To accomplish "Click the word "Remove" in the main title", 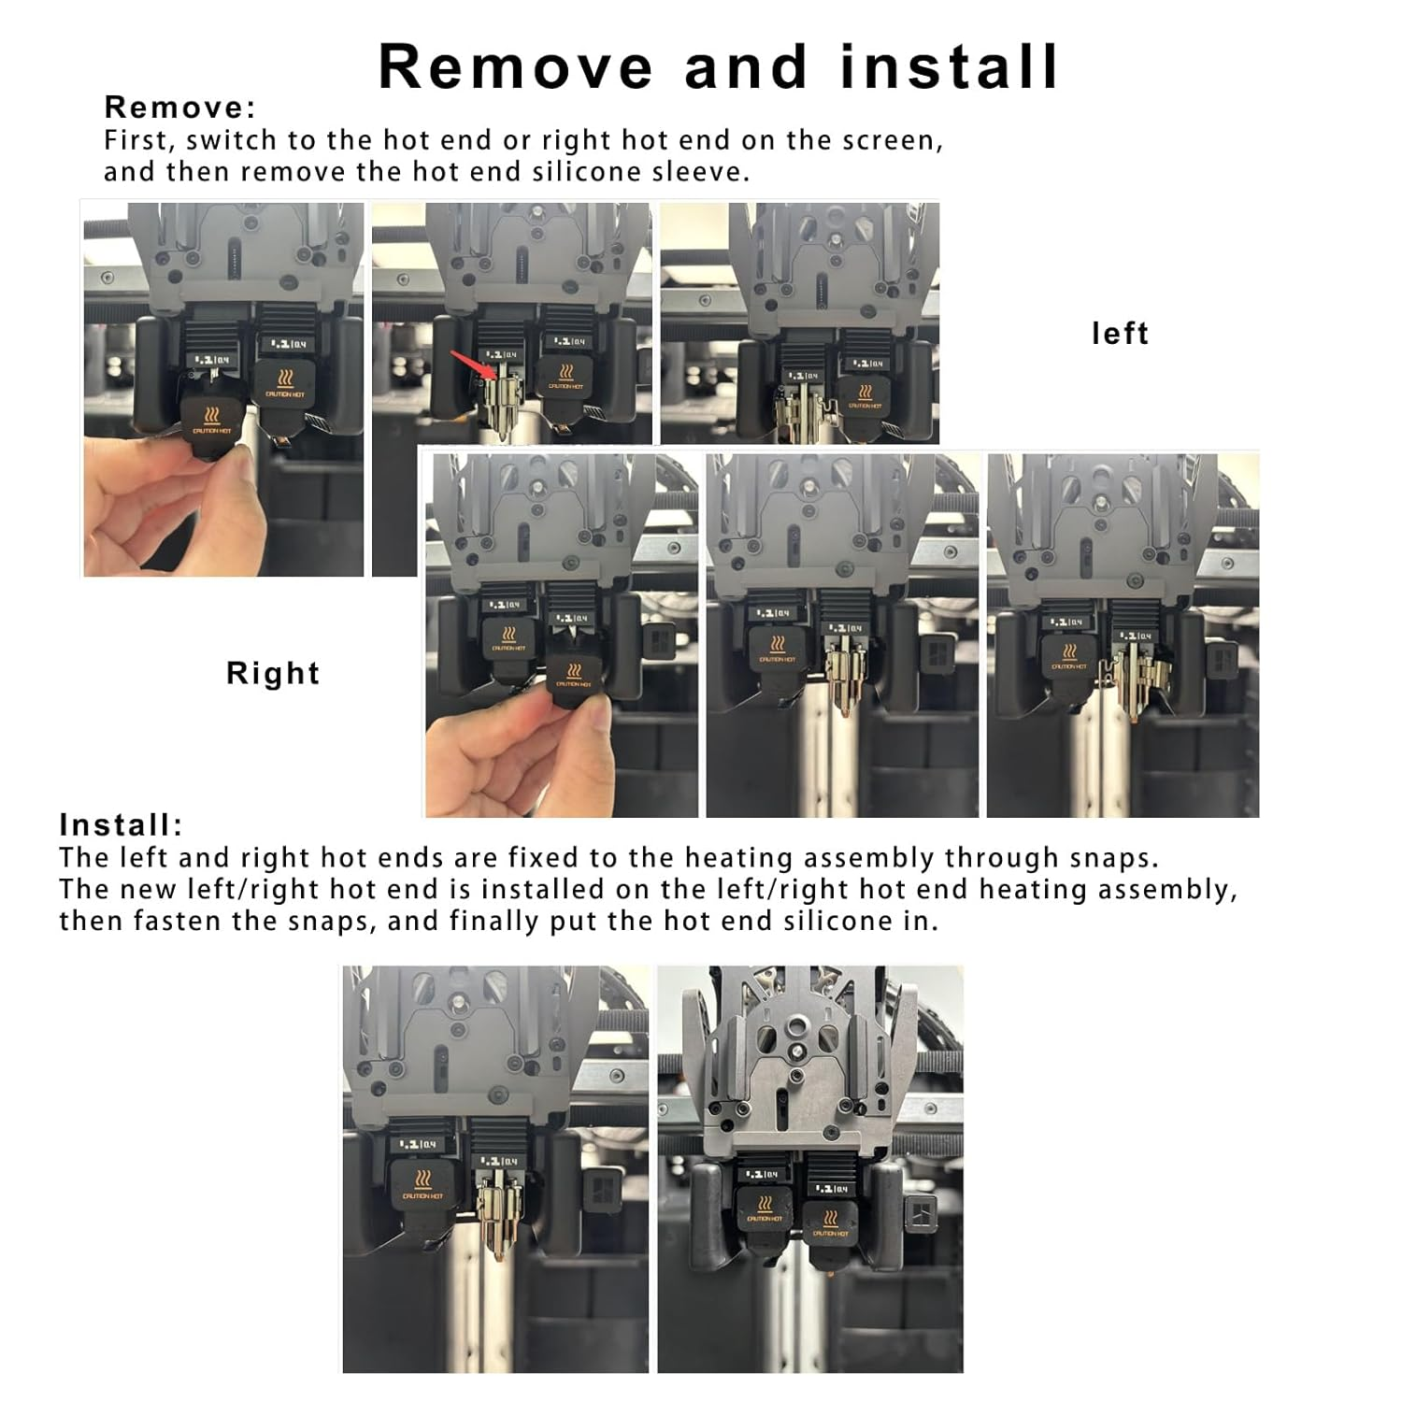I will click(515, 67).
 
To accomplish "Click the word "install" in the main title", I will click(950, 67).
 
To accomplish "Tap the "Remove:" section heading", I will click(179, 107).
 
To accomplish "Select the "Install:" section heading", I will click(121, 825).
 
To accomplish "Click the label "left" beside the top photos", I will click(1120, 334).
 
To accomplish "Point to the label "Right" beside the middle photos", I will click(273, 673).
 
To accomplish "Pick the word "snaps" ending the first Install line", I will click(1118, 858).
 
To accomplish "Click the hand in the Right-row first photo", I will click(505, 757).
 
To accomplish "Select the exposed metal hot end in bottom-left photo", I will click(495, 1215).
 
